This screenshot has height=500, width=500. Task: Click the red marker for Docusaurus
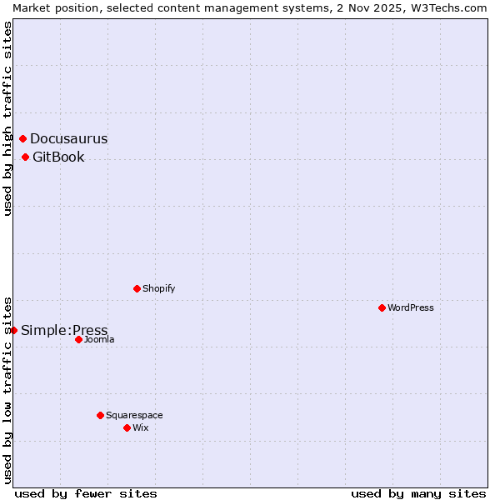click(x=23, y=138)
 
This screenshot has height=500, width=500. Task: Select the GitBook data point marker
click(x=26, y=157)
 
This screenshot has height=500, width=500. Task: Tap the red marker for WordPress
click(x=382, y=307)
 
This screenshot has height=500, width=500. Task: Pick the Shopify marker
click(x=137, y=288)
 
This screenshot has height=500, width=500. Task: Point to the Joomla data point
click(x=79, y=339)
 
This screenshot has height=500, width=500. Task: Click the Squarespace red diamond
click(x=101, y=415)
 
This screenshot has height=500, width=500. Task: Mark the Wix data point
click(x=127, y=427)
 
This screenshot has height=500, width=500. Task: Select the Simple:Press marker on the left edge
click(x=14, y=330)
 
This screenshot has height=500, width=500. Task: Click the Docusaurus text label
click(x=69, y=139)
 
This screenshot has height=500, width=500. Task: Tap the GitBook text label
click(x=58, y=157)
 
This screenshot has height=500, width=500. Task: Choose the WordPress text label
click(x=411, y=307)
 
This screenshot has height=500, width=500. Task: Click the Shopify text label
click(x=159, y=288)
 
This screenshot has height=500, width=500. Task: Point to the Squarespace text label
click(x=134, y=415)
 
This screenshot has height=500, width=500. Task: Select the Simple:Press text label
click(x=64, y=331)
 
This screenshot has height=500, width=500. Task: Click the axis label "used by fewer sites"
click(x=86, y=493)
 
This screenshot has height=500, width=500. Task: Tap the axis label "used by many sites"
click(x=418, y=493)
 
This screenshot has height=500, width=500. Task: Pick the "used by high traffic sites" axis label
click(x=7, y=118)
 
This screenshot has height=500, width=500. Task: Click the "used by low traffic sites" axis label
click(x=7, y=389)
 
